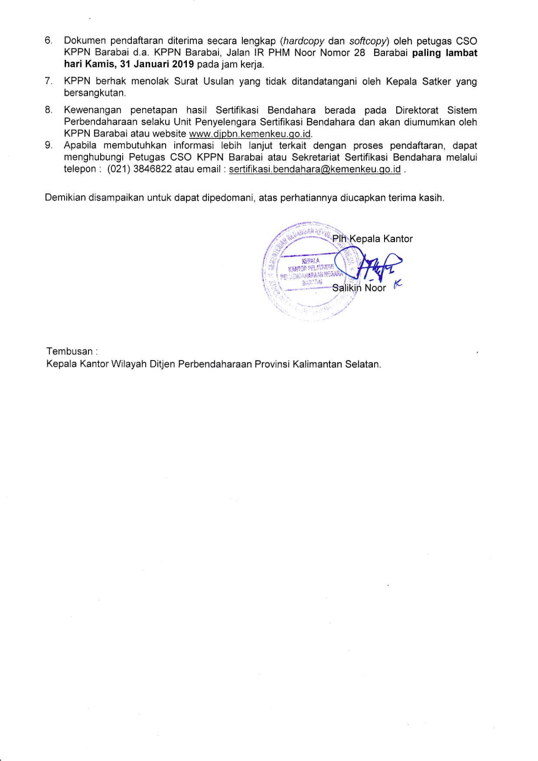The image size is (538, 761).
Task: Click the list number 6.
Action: coord(48,41)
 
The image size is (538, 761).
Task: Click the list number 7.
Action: coord(48,81)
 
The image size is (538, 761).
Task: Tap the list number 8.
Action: coord(48,110)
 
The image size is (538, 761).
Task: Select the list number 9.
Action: coord(48,145)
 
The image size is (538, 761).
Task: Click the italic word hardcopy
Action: coord(304,41)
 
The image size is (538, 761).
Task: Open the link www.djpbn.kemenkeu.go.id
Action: coord(250,134)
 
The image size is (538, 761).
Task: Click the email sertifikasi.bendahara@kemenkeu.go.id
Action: coord(315,169)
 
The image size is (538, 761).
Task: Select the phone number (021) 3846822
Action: coord(140,169)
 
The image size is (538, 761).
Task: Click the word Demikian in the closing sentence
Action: coord(65,198)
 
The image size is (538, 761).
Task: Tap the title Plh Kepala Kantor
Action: coord(372,239)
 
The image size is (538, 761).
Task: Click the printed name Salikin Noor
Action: coord(359,288)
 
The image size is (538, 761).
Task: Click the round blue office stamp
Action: coord(309,271)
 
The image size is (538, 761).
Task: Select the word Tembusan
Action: coord(69,351)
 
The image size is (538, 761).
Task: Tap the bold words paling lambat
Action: coord(445,53)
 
